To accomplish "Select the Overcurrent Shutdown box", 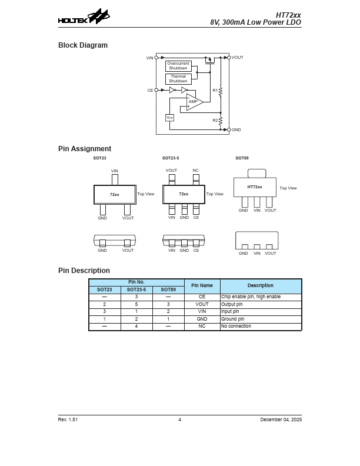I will click(x=178, y=66).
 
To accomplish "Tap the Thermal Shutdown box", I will click(x=178, y=79).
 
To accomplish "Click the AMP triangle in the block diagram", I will click(x=194, y=102).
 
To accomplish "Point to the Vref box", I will click(x=170, y=118).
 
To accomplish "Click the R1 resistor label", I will click(x=215, y=90).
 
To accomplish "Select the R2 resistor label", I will click(x=215, y=120).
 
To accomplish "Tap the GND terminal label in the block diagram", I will click(x=236, y=129).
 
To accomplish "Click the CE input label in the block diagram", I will click(x=151, y=90).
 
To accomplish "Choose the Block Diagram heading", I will click(x=83, y=45).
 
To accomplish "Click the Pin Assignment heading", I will click(x=85, y=149).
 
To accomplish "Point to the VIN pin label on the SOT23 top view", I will click(x=115, y=171).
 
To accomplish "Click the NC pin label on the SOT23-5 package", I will click(x=196, y=171).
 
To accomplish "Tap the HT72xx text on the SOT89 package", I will click(x=255, y=187).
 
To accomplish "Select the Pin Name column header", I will click(x=202, y=285).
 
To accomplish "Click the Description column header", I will click(x=261, y=285).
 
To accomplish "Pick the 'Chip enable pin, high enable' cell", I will click(x=251, y=297).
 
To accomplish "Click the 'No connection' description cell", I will click(x=236, y=326).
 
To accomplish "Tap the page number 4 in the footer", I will click(x=180, y=420).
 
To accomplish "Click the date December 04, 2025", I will click(x=281, y=420).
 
